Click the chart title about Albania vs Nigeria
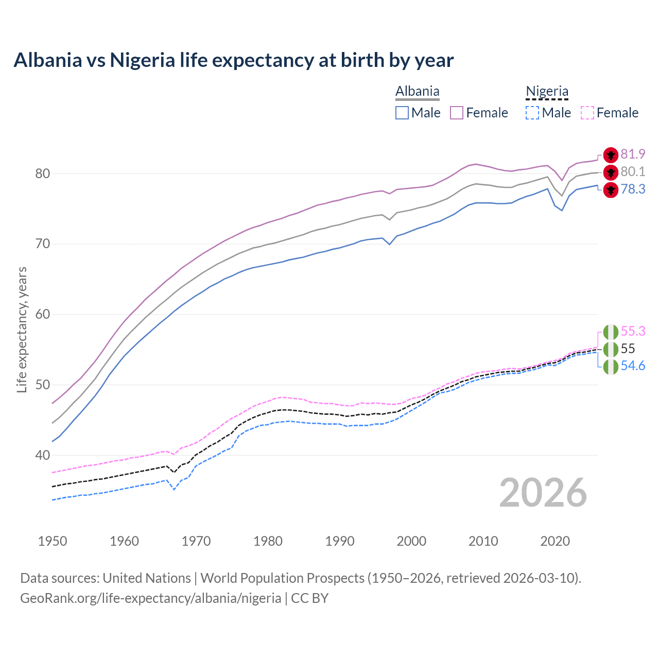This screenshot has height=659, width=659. click(x=233, y=60)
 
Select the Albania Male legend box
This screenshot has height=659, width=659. click(x=402, y=113)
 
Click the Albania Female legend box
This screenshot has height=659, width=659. click(x=457, y=113)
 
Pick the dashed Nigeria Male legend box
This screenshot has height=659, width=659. click(x=532, y=113)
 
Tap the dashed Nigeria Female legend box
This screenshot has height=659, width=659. click(x=587, y=113)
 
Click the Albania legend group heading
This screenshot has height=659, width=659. click(x=417, y=92)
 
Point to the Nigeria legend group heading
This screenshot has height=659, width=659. click(x=547, y=92)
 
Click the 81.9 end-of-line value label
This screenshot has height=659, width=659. click(x=633, y=154)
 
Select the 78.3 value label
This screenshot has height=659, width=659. click(x=633, y=189)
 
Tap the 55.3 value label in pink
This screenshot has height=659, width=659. click(x=633, y=331)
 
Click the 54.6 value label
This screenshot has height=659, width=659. click(x=633, y=366)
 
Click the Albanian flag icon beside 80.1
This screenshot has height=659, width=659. click(x=611, y=172)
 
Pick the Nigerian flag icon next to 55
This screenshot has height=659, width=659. click(x=611, y=349)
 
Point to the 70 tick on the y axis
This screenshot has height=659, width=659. click(x=43, y=244)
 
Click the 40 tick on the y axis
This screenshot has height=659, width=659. click(x=43, y=455)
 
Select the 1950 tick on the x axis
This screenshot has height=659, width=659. click(x=53, y=541)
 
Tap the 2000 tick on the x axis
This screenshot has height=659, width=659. click(x=411, y=541)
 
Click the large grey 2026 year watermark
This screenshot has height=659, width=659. click(x=543, y=493)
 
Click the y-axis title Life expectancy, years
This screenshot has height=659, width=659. click(x=22, y=329)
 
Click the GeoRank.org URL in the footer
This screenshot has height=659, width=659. click(x=150, y=598)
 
